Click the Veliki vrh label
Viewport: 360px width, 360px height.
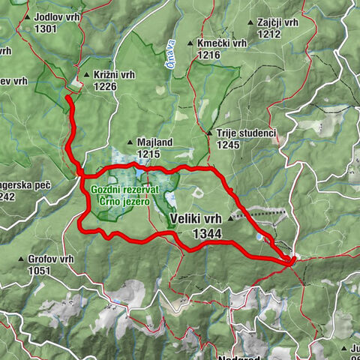coord(196,218)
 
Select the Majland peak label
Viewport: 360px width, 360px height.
coord(156,142)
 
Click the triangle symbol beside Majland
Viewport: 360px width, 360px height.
coord(130,142)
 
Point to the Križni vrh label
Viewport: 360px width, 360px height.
coord(114,75)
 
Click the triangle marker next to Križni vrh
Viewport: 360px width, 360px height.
coord(88,75)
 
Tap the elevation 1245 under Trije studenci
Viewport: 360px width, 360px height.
coord(229,145)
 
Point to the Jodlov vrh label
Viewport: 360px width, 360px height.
coord(55,17)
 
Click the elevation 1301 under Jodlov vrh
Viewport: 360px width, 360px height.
coord(46,28)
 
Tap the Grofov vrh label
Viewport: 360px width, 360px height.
coord(51,259)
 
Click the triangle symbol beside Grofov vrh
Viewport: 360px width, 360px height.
coord(21,259)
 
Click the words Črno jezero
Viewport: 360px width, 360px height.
coord(128,202)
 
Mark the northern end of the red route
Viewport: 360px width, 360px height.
coord(67,97)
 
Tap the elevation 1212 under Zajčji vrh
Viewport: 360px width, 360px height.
coord(267,34)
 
